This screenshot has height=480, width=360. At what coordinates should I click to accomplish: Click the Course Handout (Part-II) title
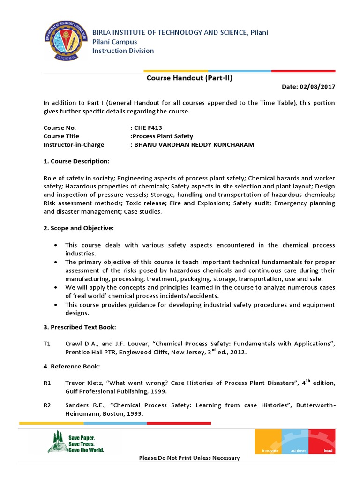pyautogui.click(x=189, y=78)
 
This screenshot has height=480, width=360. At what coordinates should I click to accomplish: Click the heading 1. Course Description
pyautogui.click(x=76, y=161)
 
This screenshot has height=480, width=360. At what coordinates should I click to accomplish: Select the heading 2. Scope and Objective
pyautogui.click(x=78, y=228)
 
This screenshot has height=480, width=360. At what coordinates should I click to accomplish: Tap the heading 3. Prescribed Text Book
pyautogui.click(x=80, y=327)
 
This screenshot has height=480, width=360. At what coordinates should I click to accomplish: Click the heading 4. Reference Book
pyautogui.click(x=71, y=366)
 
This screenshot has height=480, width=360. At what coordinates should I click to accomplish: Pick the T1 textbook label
pyautogui.click(x=47, y=344)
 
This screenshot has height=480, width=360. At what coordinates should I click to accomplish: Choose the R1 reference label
pyautogui.click(x=47, y=383)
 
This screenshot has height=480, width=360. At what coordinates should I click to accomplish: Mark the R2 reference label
pyautogui.click(x=47, y=405)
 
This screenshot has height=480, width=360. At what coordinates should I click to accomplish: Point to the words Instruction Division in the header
pyautogui.click(x=123, y=51)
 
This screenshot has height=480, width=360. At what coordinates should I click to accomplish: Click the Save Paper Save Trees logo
pyautogui.click(x=75, y=441)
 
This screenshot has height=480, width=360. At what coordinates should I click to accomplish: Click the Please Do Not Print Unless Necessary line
pyautogui.click(x=189, y=457)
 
